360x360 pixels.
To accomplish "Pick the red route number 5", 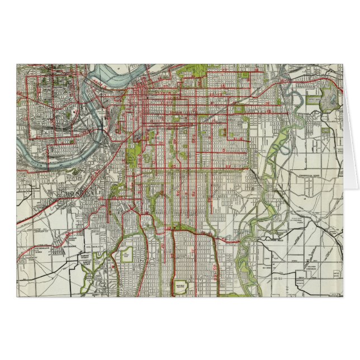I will (222, 150).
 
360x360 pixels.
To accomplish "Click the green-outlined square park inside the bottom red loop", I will (183, 285).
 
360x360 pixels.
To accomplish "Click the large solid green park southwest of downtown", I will (134, 154).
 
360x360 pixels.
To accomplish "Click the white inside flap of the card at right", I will (350, 140).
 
